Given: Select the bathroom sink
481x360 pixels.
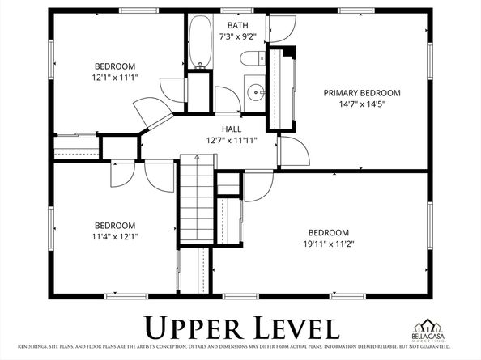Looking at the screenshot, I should (x=254, y=90).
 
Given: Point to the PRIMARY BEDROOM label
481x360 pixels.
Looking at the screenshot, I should (x=362, y=93).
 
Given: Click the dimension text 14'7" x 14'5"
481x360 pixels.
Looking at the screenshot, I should (x=362, y=104).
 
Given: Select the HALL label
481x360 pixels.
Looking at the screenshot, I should (x=231, y=129).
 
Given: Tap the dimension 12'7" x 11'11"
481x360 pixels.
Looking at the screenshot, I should (x=231, y=140).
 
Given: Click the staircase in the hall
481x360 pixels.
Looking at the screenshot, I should (x=194, y=194).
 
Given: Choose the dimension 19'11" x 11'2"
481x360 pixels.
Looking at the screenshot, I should (x=328, y=243).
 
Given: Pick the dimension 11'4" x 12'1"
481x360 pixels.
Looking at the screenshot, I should (x=115, y=237).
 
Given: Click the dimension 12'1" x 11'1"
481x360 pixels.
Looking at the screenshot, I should (x=115, y=78).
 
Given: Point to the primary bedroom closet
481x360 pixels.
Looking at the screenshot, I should (x=281, y=89).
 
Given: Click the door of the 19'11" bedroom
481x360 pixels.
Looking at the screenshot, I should (x=258, y=186).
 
